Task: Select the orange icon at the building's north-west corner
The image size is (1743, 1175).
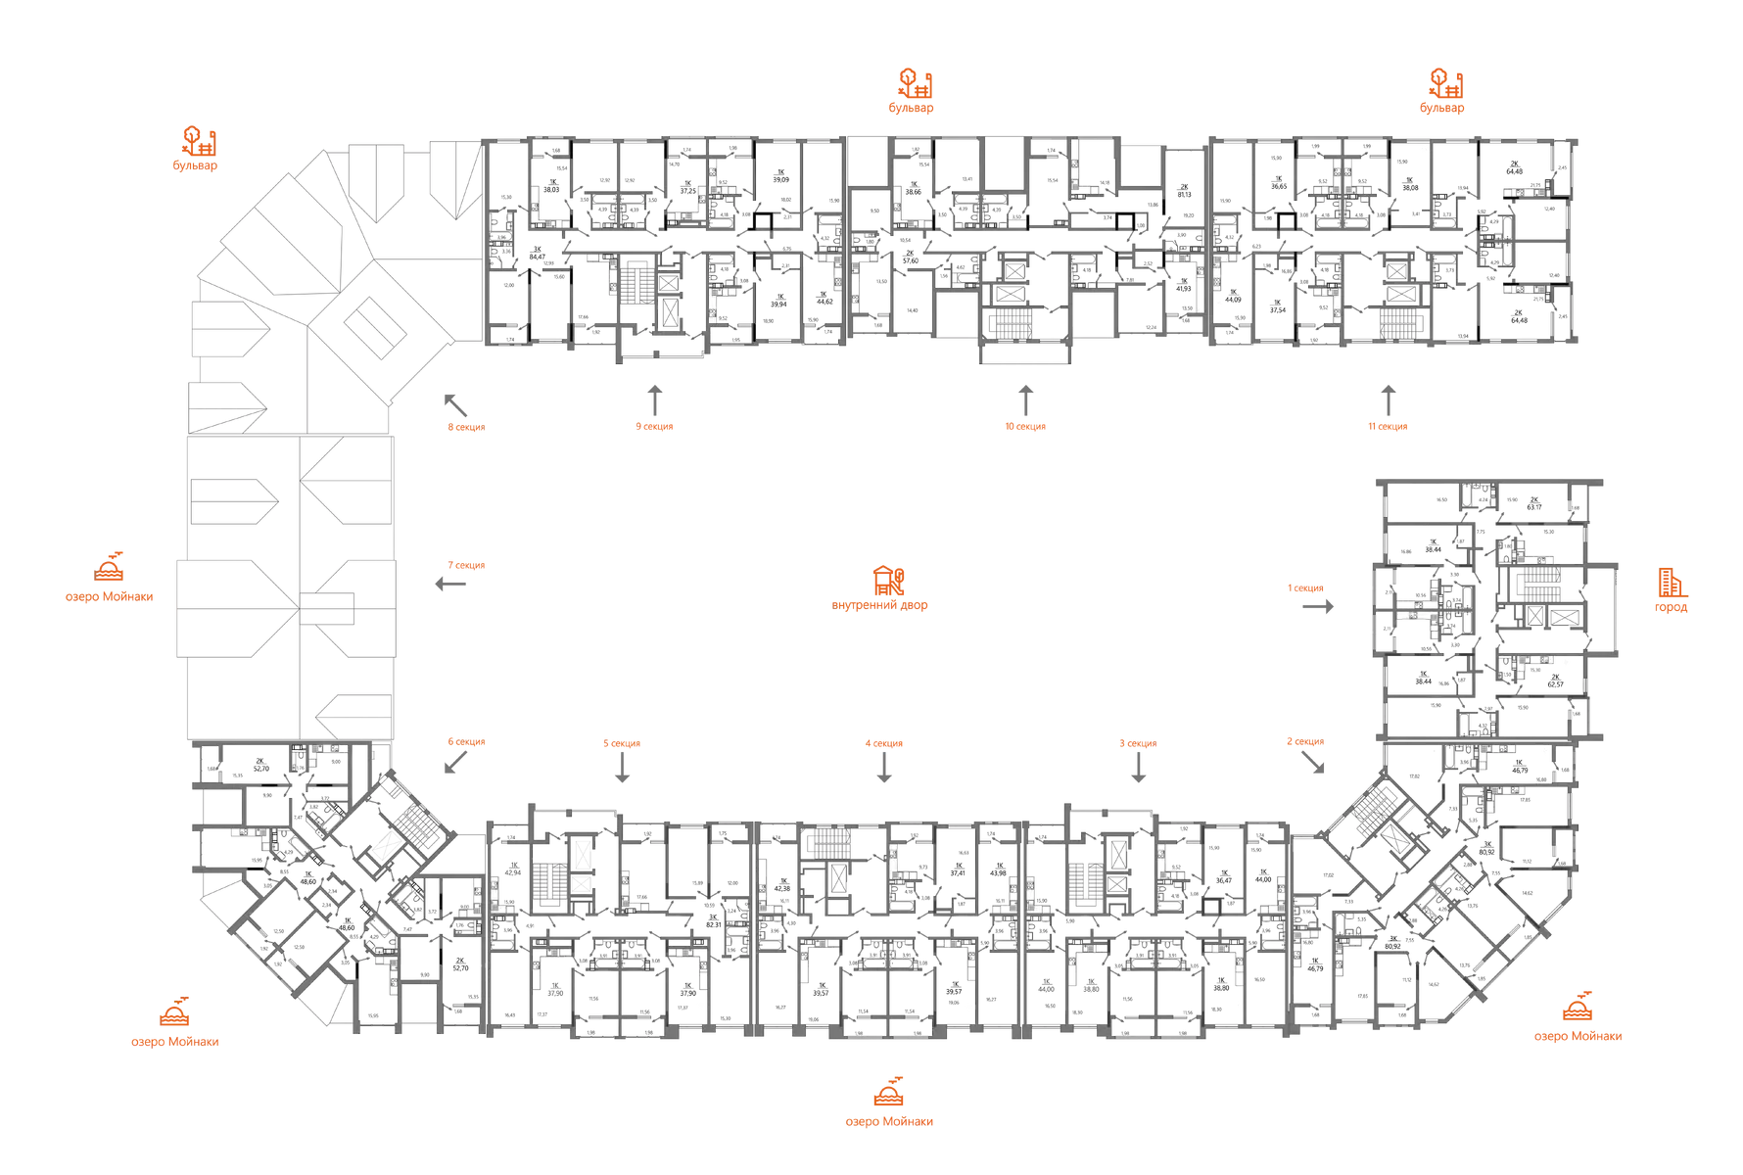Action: tap(202, 142)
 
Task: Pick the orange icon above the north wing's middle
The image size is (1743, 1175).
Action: tap(913, 84)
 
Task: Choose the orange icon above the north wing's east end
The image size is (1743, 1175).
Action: tap(1443, 84)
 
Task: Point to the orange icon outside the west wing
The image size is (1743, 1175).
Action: tap(110, 568)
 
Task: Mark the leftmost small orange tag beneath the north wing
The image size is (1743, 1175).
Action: tap(466, 428)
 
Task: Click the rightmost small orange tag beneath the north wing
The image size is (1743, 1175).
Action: tap(1388, 428)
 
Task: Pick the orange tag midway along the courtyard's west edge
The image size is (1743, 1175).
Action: tap(468, 565)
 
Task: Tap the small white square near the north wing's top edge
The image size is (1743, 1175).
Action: tap(1424, 151)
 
